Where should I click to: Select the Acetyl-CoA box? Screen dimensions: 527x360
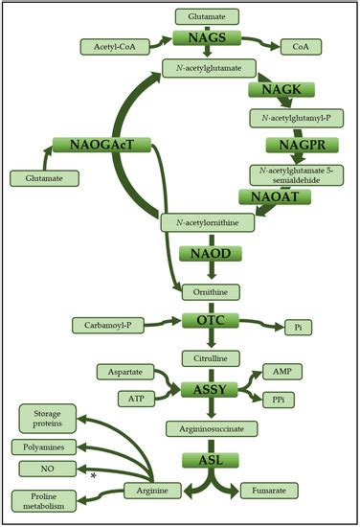click(114, 46)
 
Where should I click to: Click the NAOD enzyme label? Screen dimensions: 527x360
click(208, 254)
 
